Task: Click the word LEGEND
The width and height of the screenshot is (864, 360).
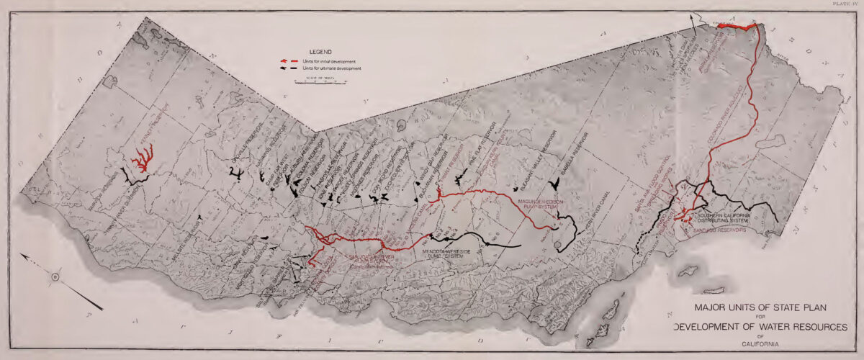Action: coord(319,53)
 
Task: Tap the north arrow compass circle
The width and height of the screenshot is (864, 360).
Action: coord(55,276)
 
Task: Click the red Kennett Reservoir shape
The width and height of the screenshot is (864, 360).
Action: coord(145,158)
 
